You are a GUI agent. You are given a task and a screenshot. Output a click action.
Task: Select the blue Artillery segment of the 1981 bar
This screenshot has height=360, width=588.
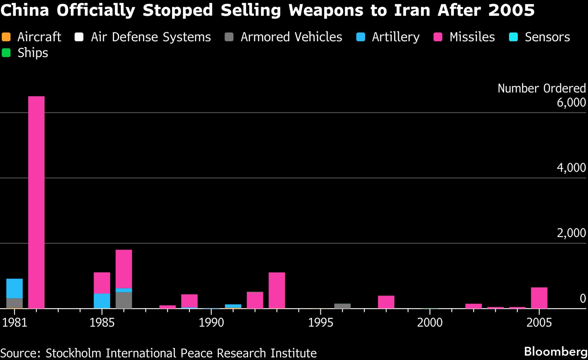click(x=14, y=289)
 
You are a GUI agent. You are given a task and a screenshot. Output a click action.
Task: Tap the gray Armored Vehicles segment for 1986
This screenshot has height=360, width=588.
click(x=124, y=300)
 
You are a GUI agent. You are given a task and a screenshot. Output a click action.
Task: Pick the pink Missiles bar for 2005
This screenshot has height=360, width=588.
click(x=539, y=298)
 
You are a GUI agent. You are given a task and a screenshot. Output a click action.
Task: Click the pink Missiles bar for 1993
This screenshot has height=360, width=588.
click(x=277, y=290)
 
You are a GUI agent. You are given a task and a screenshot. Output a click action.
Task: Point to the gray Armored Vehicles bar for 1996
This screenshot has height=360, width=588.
click(x=342, y=306)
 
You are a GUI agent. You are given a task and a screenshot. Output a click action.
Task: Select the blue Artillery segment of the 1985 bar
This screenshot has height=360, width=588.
click(x=102, y=301)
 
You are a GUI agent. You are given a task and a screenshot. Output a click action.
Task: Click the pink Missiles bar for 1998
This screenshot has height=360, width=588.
click(x=386, y=302)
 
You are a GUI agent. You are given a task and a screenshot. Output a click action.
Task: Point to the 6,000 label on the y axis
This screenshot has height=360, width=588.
click(x=571, y=102)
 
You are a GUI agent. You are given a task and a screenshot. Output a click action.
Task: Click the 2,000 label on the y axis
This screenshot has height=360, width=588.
click(x=571, y=233)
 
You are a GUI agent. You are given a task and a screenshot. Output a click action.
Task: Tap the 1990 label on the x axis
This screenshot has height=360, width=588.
click(x=211, y=323)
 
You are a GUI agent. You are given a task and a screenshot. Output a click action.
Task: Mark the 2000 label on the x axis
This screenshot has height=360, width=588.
click(x=430, y=323)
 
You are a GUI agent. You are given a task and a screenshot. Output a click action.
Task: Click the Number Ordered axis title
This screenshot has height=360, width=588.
click(x=542, y=88)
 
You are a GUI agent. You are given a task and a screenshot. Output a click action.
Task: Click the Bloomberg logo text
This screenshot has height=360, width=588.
click(x=556, y=351)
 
